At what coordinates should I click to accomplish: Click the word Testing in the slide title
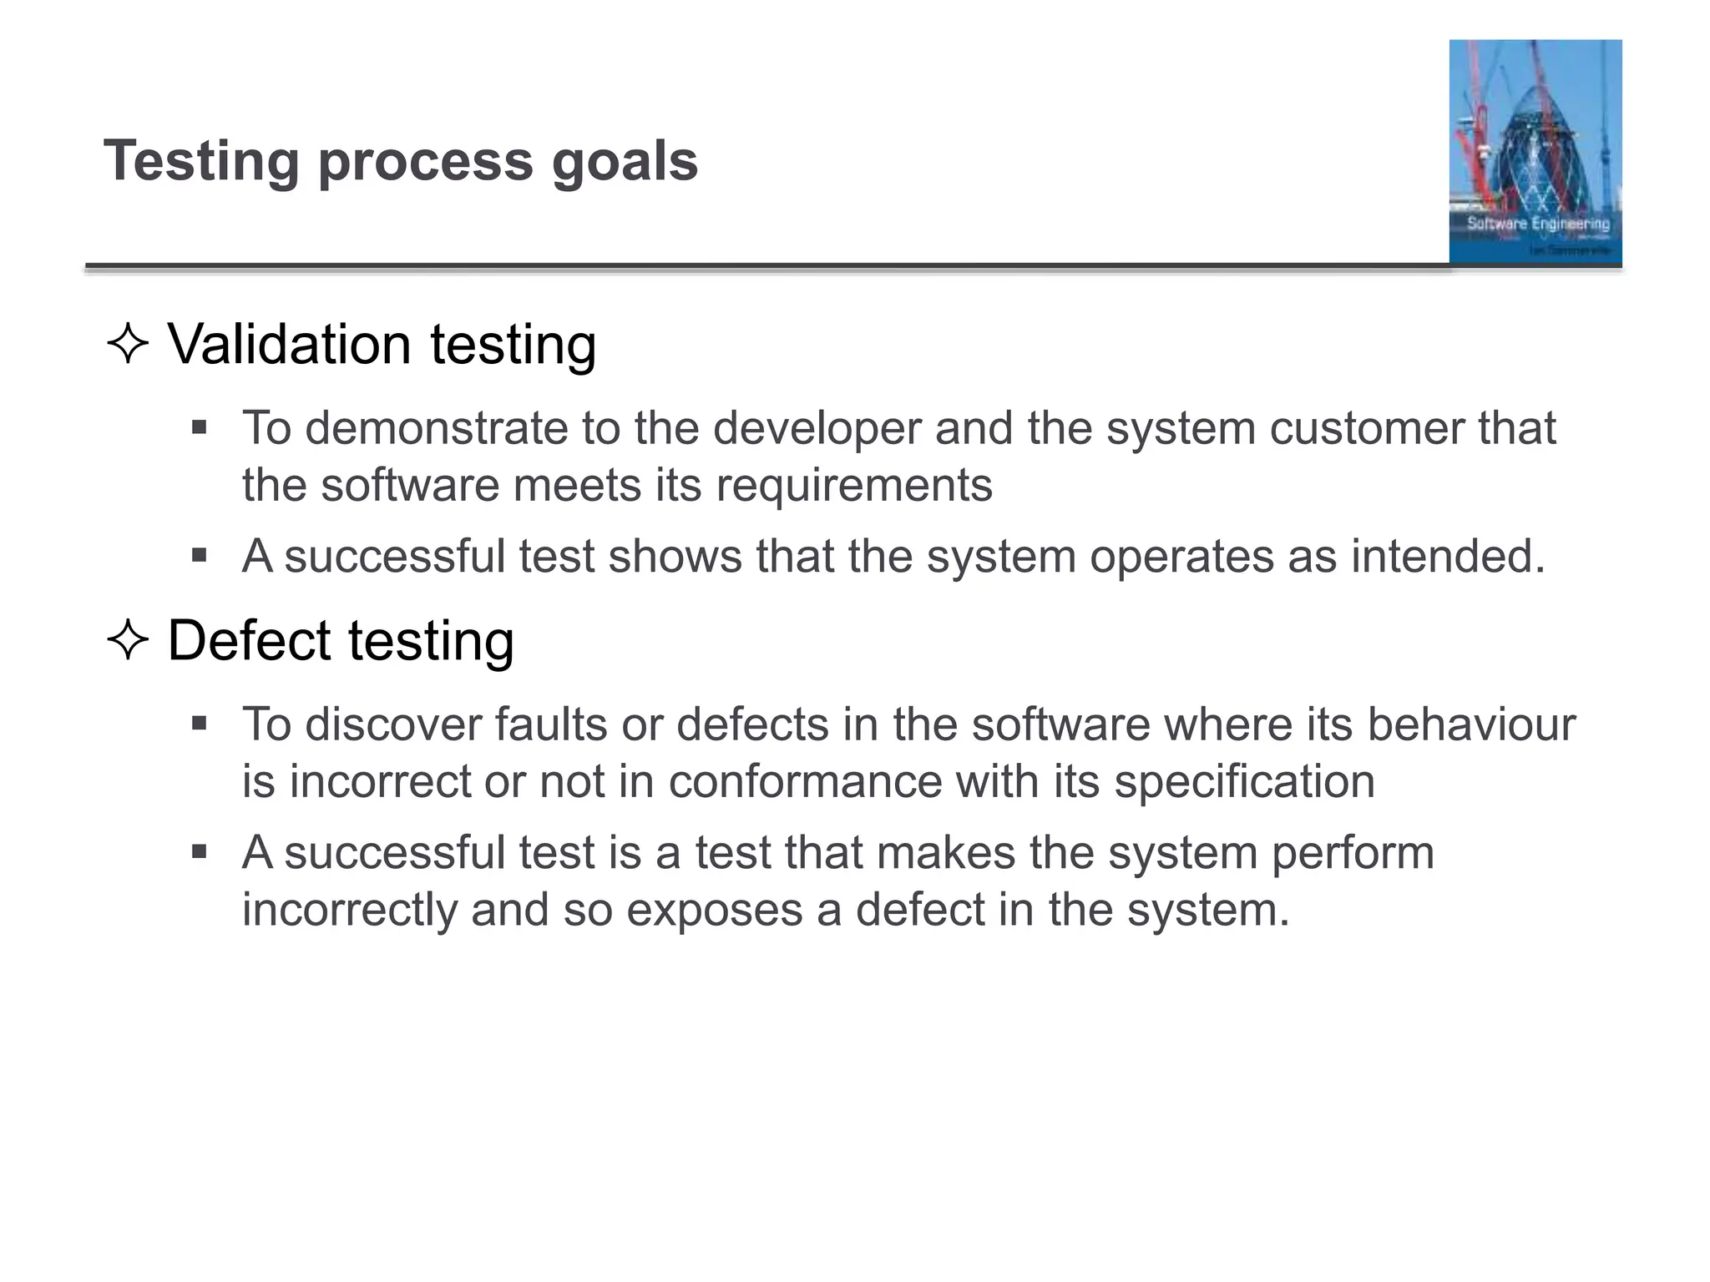pos(200,161)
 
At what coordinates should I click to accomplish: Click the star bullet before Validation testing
pos(128,344)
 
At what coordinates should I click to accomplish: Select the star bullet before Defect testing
pos(128,641)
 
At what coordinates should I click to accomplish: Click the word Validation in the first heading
pos(289,344)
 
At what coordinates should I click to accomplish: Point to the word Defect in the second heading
pos(249,641)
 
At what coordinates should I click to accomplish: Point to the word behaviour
pos(1470,724)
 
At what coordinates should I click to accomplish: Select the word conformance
pos(805,782)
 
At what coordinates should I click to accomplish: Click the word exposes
pos(714,910)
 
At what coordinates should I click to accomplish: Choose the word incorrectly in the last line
pos(349,910)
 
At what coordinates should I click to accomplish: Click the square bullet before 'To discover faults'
pos(199,723)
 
